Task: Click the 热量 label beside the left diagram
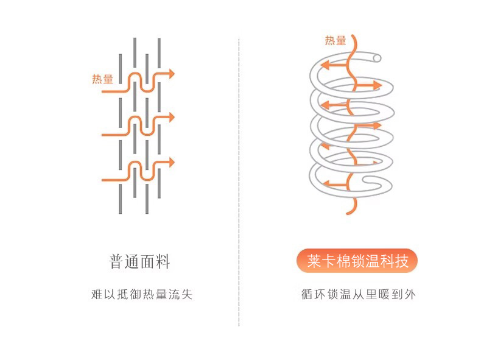tap(102, 79)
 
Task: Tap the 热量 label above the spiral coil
tap(335, 41)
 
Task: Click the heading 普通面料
tap(140, 263)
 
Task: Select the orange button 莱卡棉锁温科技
tap(357, 261)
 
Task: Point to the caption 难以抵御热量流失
tap(141, 295)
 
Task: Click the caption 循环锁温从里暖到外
tap(358, 295)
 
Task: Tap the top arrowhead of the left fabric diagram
tap(172, 74)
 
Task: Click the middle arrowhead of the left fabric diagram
tap(172, 116)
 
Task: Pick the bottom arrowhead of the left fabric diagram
tap(172, 163)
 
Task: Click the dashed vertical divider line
tap(239, 183)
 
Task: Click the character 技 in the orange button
tap(409, 261)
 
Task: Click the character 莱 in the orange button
tap(314, 261)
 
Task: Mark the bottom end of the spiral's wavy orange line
tap(348, 213)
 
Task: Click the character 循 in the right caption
tap(307, 295)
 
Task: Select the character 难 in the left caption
tap(96, 295)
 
